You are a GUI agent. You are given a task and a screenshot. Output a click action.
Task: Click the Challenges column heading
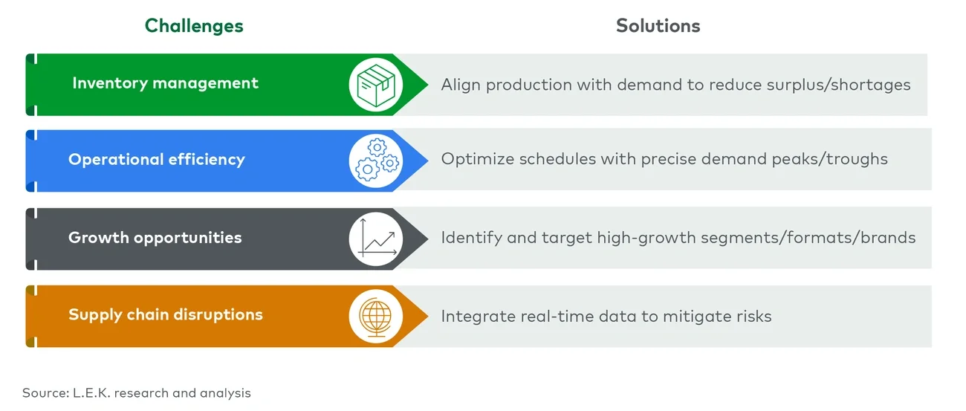click(x=194, y=25)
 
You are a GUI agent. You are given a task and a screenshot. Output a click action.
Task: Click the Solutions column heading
click(x=658, y=25)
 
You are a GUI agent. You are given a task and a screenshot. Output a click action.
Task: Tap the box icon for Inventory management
click(x=375, y=85)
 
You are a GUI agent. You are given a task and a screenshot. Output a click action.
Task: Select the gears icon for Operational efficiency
click(x=375, y=160)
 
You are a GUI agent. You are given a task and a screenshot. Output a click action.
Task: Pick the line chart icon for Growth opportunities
click(x=375, y=239)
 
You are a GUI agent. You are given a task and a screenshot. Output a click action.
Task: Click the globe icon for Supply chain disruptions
click(x=375, y=315)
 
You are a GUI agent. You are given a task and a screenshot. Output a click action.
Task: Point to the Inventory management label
click(x=165, y=83)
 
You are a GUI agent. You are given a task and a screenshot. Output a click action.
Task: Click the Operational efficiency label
click(x=156, y=160)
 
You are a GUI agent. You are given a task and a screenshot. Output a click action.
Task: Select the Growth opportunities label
click(x=155, y=238)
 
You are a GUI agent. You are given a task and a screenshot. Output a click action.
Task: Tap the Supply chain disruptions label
click(x=165, y=314)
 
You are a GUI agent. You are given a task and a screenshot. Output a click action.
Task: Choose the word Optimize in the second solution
click(x=476, y=160)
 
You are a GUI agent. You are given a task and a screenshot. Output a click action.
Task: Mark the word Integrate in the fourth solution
click(x=475, y=316)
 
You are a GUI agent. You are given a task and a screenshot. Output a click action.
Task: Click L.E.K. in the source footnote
click(x=90, y=392)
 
